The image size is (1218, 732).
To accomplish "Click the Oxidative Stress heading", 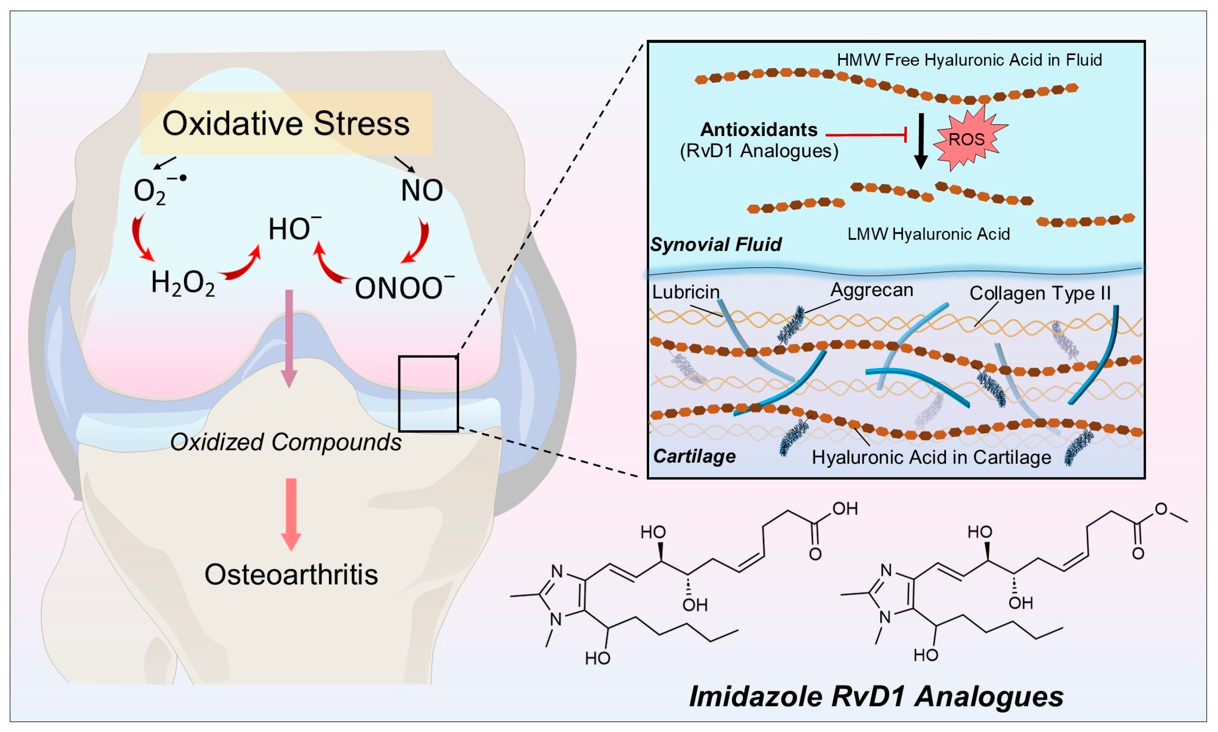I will [x=286, y=123].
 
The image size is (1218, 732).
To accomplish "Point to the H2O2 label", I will [x=183, y=284].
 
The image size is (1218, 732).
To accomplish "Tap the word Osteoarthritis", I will [x=291, y=575].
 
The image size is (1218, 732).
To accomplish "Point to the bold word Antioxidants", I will [x=759, y=130].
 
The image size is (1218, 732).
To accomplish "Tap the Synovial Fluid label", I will [x=716, y=244].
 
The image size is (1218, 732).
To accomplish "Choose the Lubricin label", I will [x=685, y=292].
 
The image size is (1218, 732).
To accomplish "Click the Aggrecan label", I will [x=872, y=290].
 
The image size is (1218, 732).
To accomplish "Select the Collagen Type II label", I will [x=1040, y=293].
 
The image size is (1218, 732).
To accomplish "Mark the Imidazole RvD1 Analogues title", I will [x=876, y=696].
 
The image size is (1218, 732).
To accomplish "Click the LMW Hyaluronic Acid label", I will [x=928, y=234].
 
